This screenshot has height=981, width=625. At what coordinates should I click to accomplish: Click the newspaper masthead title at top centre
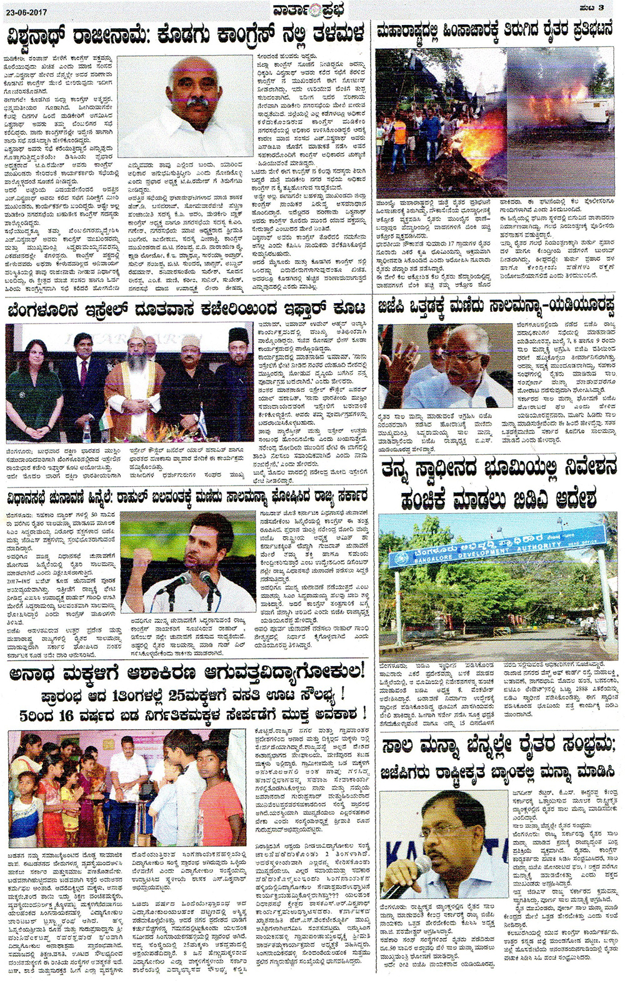[311, 9]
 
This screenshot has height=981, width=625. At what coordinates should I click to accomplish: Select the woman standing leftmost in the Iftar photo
[26, 387]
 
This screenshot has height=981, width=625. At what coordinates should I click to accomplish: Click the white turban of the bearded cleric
[137, 332]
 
